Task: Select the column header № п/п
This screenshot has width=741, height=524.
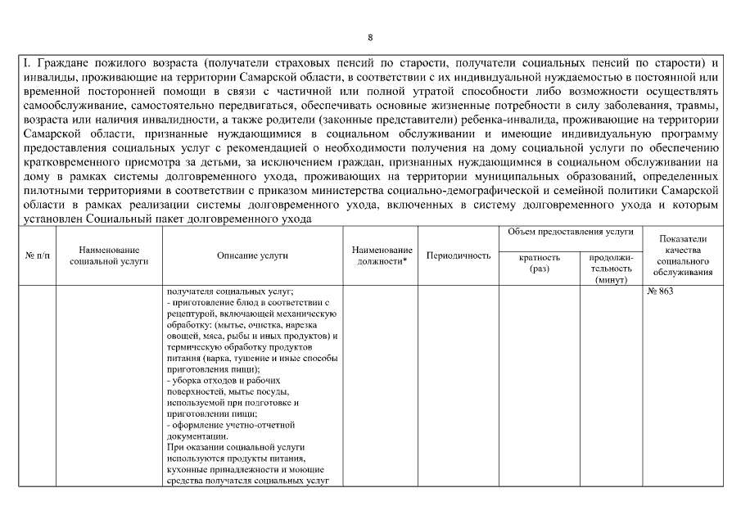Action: coord(37,255)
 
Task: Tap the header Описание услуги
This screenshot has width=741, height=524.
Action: coord(252,255)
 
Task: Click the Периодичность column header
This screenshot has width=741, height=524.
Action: coord(459,255)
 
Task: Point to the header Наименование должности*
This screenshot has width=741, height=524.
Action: coord(381,255)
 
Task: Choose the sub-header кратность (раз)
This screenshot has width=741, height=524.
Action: coord(540,263)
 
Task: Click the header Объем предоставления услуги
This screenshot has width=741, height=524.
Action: coord(571,233)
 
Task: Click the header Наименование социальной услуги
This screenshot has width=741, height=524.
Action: coord(109,255)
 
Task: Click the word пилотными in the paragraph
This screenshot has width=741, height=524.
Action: coord(49,190)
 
